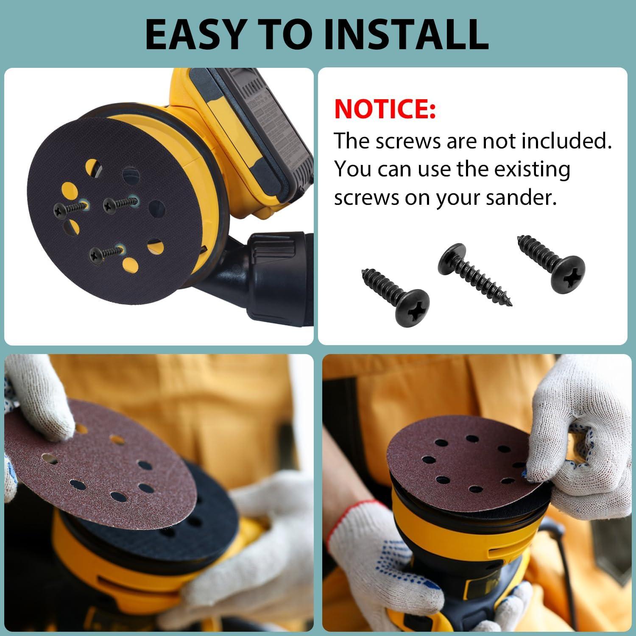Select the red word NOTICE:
pos(385,109)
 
